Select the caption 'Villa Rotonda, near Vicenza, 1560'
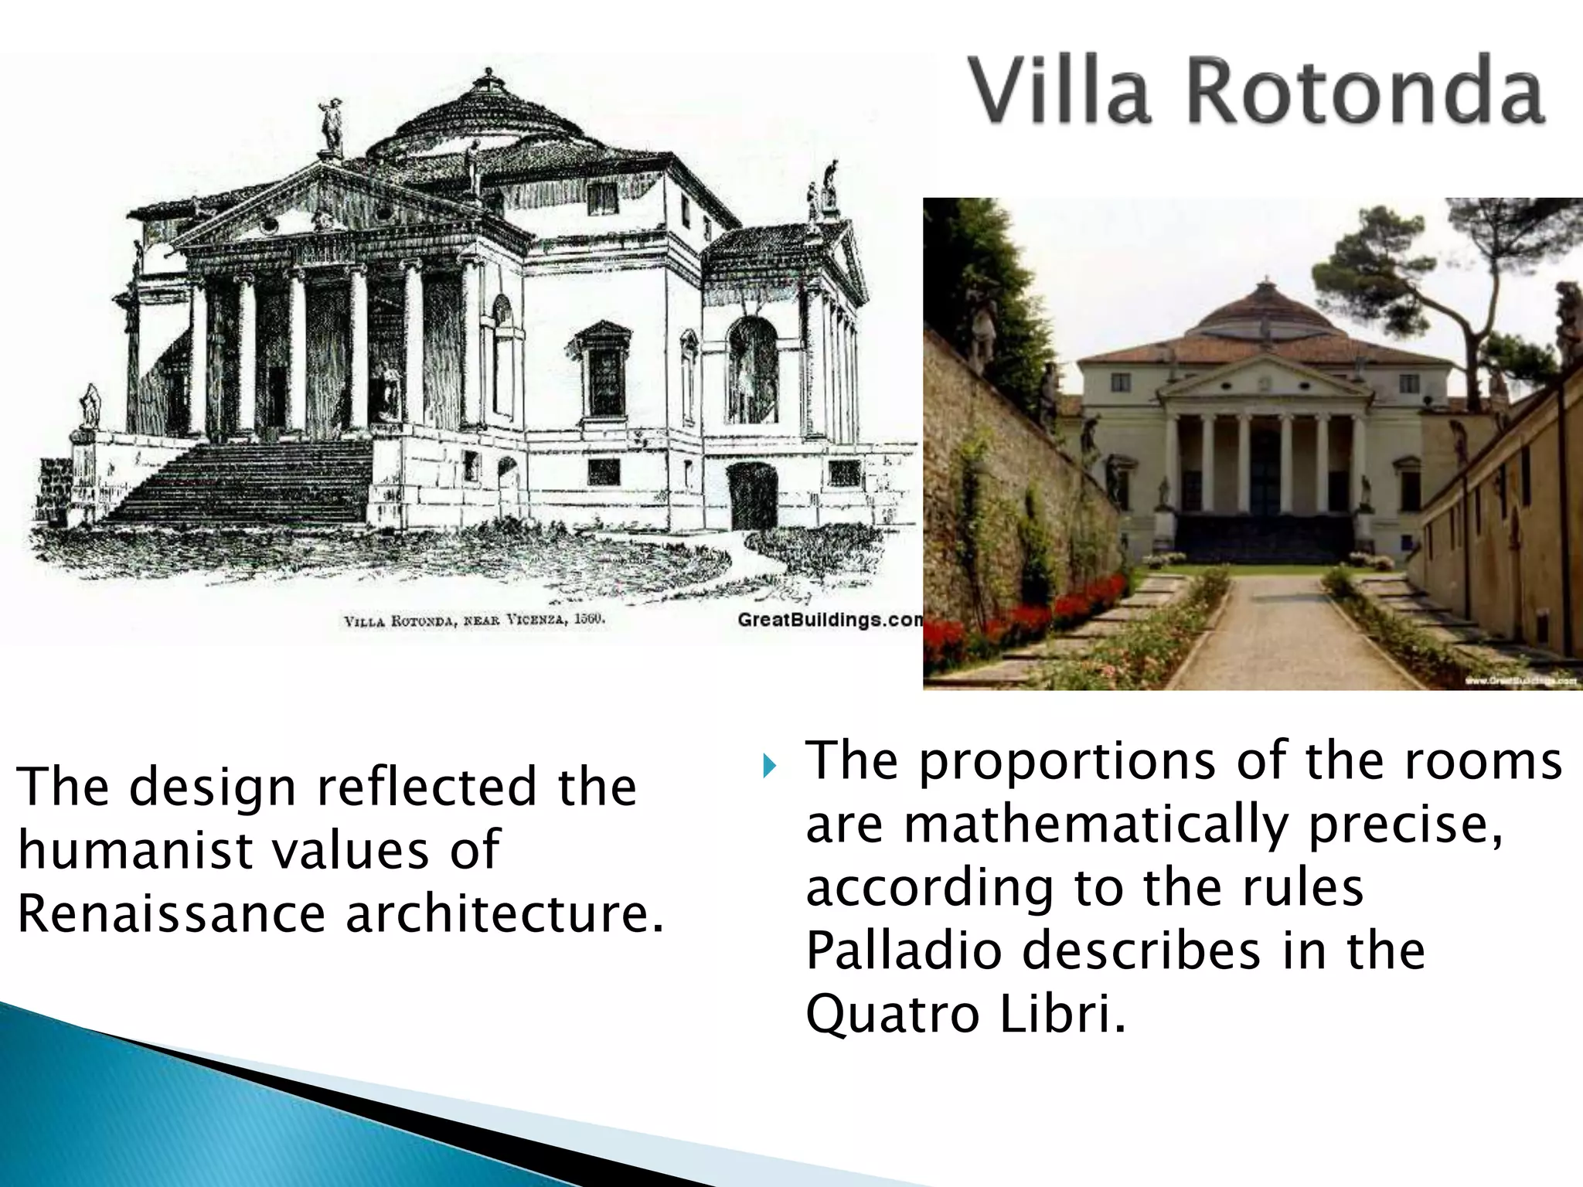(x=474, y=621)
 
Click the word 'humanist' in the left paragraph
(x=123, y=850)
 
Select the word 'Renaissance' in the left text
(x=171, y=913)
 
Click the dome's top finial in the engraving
(x=487, y=77)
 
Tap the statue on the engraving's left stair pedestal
(x=91, y=406)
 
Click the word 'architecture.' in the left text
(x=504, y=913)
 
